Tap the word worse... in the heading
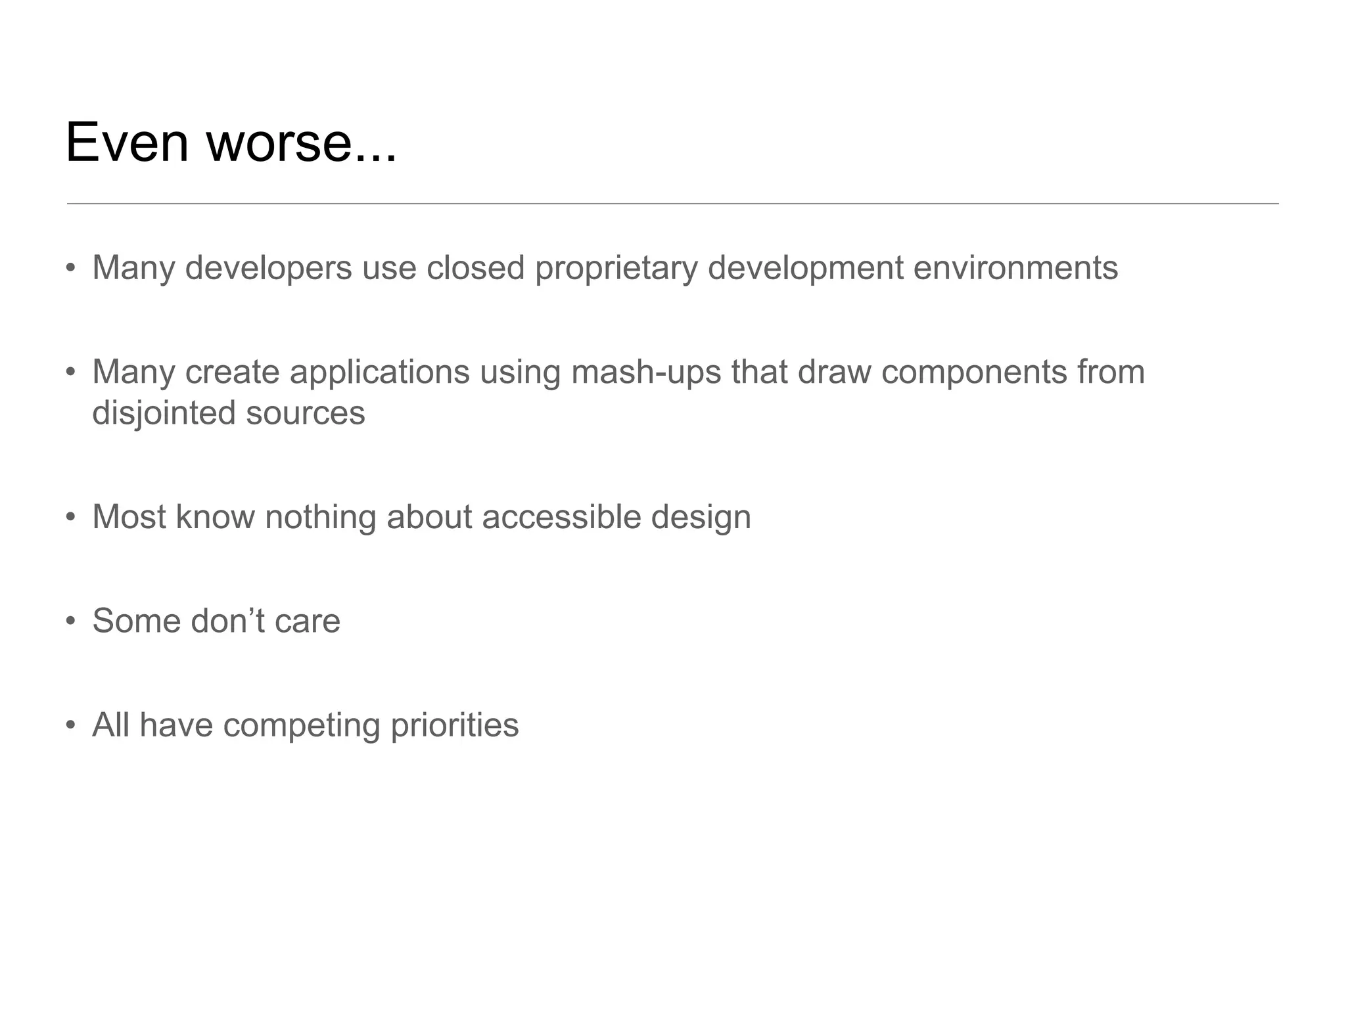click(302, 143)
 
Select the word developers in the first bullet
click(268, 268)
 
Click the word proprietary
click(616, 268)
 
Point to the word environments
click(1015, 268)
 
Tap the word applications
click(379, 372)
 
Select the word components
click(974, 372)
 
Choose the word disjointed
click(164, 413)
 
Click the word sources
click(306, 413)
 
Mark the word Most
click(129, 517)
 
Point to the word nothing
click(320, 517)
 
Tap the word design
click(701, 517)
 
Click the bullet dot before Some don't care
click(71, 621)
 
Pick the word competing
click(301, 725)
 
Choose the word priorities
click(454, 725)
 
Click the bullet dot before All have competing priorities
click(71, 726)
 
